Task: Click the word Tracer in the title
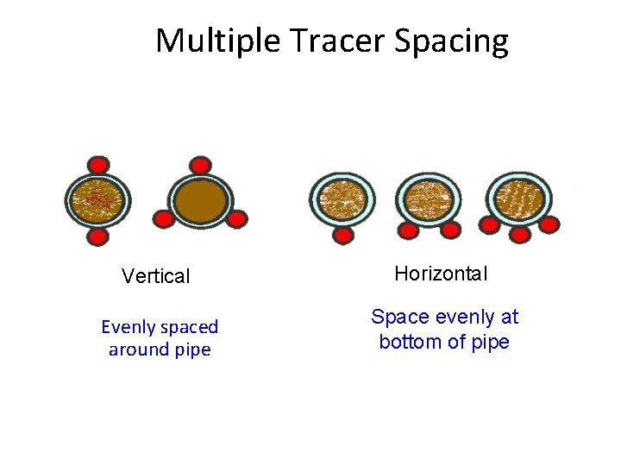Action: tap(339, 41)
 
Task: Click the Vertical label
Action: tap(155, 276)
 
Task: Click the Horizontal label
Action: tap(441, 274)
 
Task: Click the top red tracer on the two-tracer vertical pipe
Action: tap(98, 165)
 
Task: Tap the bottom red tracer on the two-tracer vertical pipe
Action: tap(98, 236)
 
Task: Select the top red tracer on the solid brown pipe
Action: tap(200, 165)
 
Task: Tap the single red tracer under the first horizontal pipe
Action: tap(343, 234)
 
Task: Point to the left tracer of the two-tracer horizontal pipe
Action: tap(408, 230)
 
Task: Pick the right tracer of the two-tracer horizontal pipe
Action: tap(449, 230)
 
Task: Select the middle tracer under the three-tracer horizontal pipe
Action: tap(519, 233)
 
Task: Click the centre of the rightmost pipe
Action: tap(519, 198)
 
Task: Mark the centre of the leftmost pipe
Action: tap(98, 200)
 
